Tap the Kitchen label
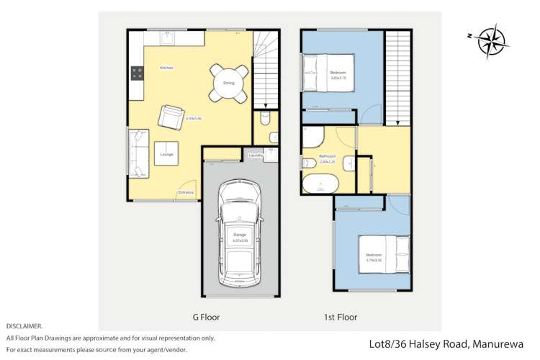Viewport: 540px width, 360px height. coord(167,68)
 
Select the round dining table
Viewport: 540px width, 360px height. coord(229,83)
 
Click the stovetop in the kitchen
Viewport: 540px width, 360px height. coord(137,73)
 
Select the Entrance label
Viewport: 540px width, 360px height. coord(186,192)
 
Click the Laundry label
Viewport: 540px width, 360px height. coord(255,155)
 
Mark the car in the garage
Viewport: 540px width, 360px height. coord(238,232)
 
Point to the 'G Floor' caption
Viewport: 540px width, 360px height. coord(205,317)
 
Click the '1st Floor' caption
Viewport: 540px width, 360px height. coord(340,317)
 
